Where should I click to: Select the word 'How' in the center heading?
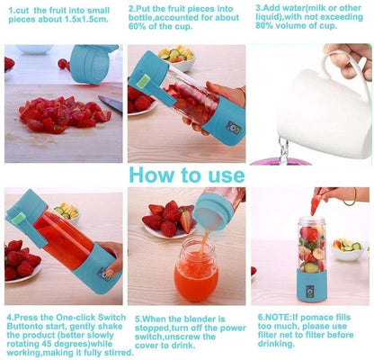click(159, 174)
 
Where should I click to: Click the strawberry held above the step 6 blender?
click(316, 204)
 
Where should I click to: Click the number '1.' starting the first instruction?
click(10, 7)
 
